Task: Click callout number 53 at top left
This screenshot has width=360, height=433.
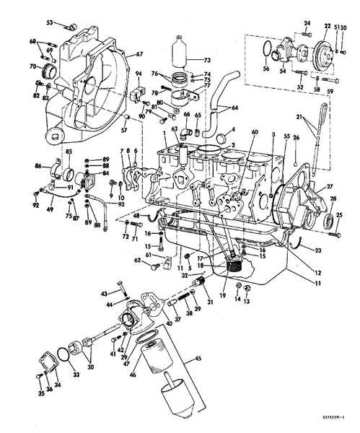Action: (x=49, y=23)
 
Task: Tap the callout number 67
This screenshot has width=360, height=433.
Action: (x=140, y=54)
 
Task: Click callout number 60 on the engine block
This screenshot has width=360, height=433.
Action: (x=254, y=133)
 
